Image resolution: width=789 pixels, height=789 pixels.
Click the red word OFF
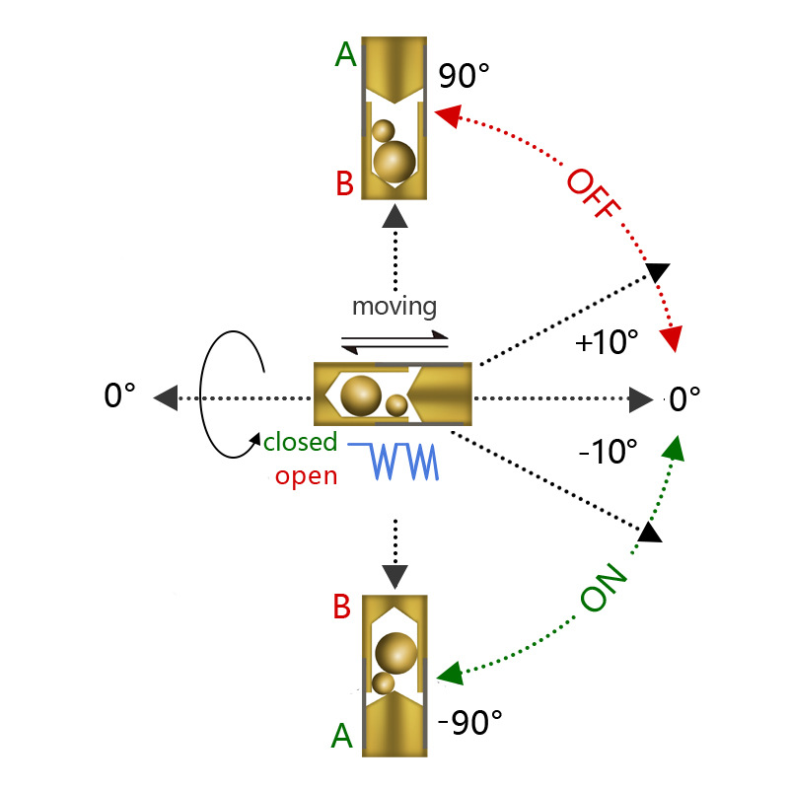(x=594, y=193)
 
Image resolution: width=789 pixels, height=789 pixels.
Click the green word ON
(x=604, y=587)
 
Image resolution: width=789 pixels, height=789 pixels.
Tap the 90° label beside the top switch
(x=464, y=77)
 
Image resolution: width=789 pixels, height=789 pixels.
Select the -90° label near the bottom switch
(x=470, y=723)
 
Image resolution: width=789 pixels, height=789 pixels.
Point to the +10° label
(x=607, y=342)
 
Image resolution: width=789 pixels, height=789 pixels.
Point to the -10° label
(x=608, y=452)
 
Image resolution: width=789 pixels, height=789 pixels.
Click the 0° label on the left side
(x=119, y=395)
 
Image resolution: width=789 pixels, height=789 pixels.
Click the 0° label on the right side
(x=684, y=399)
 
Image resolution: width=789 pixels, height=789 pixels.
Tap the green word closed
(x=301, y=442)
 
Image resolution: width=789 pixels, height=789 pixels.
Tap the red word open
(x=306, y=476)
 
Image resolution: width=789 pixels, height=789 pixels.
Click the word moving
(x=394, y=307)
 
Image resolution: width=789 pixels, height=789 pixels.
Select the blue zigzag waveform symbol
(x=393, y=461)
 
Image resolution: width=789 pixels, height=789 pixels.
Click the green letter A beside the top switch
(x=346, y=54)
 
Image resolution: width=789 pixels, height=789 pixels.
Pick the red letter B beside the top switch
(x=344, y=183)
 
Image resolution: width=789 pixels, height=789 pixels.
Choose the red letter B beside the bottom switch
(x=341, y=607)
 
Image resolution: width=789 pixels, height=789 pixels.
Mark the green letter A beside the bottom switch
(x=342, y=736)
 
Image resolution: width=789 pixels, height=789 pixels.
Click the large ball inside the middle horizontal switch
(x=361, y=395)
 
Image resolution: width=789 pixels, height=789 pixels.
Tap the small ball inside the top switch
(x=384, y=131)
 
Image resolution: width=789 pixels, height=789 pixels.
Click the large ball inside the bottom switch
(x=396, y=653)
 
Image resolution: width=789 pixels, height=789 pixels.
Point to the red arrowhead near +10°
(x=672, y=338)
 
